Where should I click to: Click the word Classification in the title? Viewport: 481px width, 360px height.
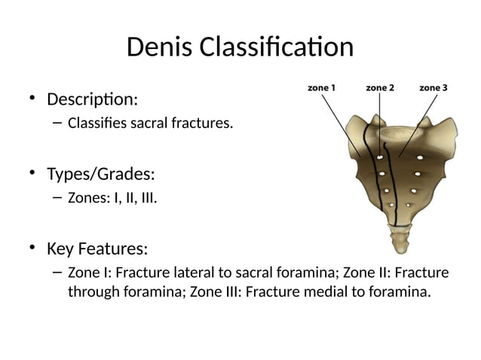275,47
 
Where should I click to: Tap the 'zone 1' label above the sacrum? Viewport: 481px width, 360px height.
322,88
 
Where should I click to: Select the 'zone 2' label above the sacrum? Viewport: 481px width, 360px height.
380,88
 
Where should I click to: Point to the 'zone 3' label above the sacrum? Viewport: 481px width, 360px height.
434,88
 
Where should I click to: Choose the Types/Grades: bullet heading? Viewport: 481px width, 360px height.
101,174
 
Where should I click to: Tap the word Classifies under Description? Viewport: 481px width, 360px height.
97,122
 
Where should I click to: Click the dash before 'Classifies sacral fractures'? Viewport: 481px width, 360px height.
57,122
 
